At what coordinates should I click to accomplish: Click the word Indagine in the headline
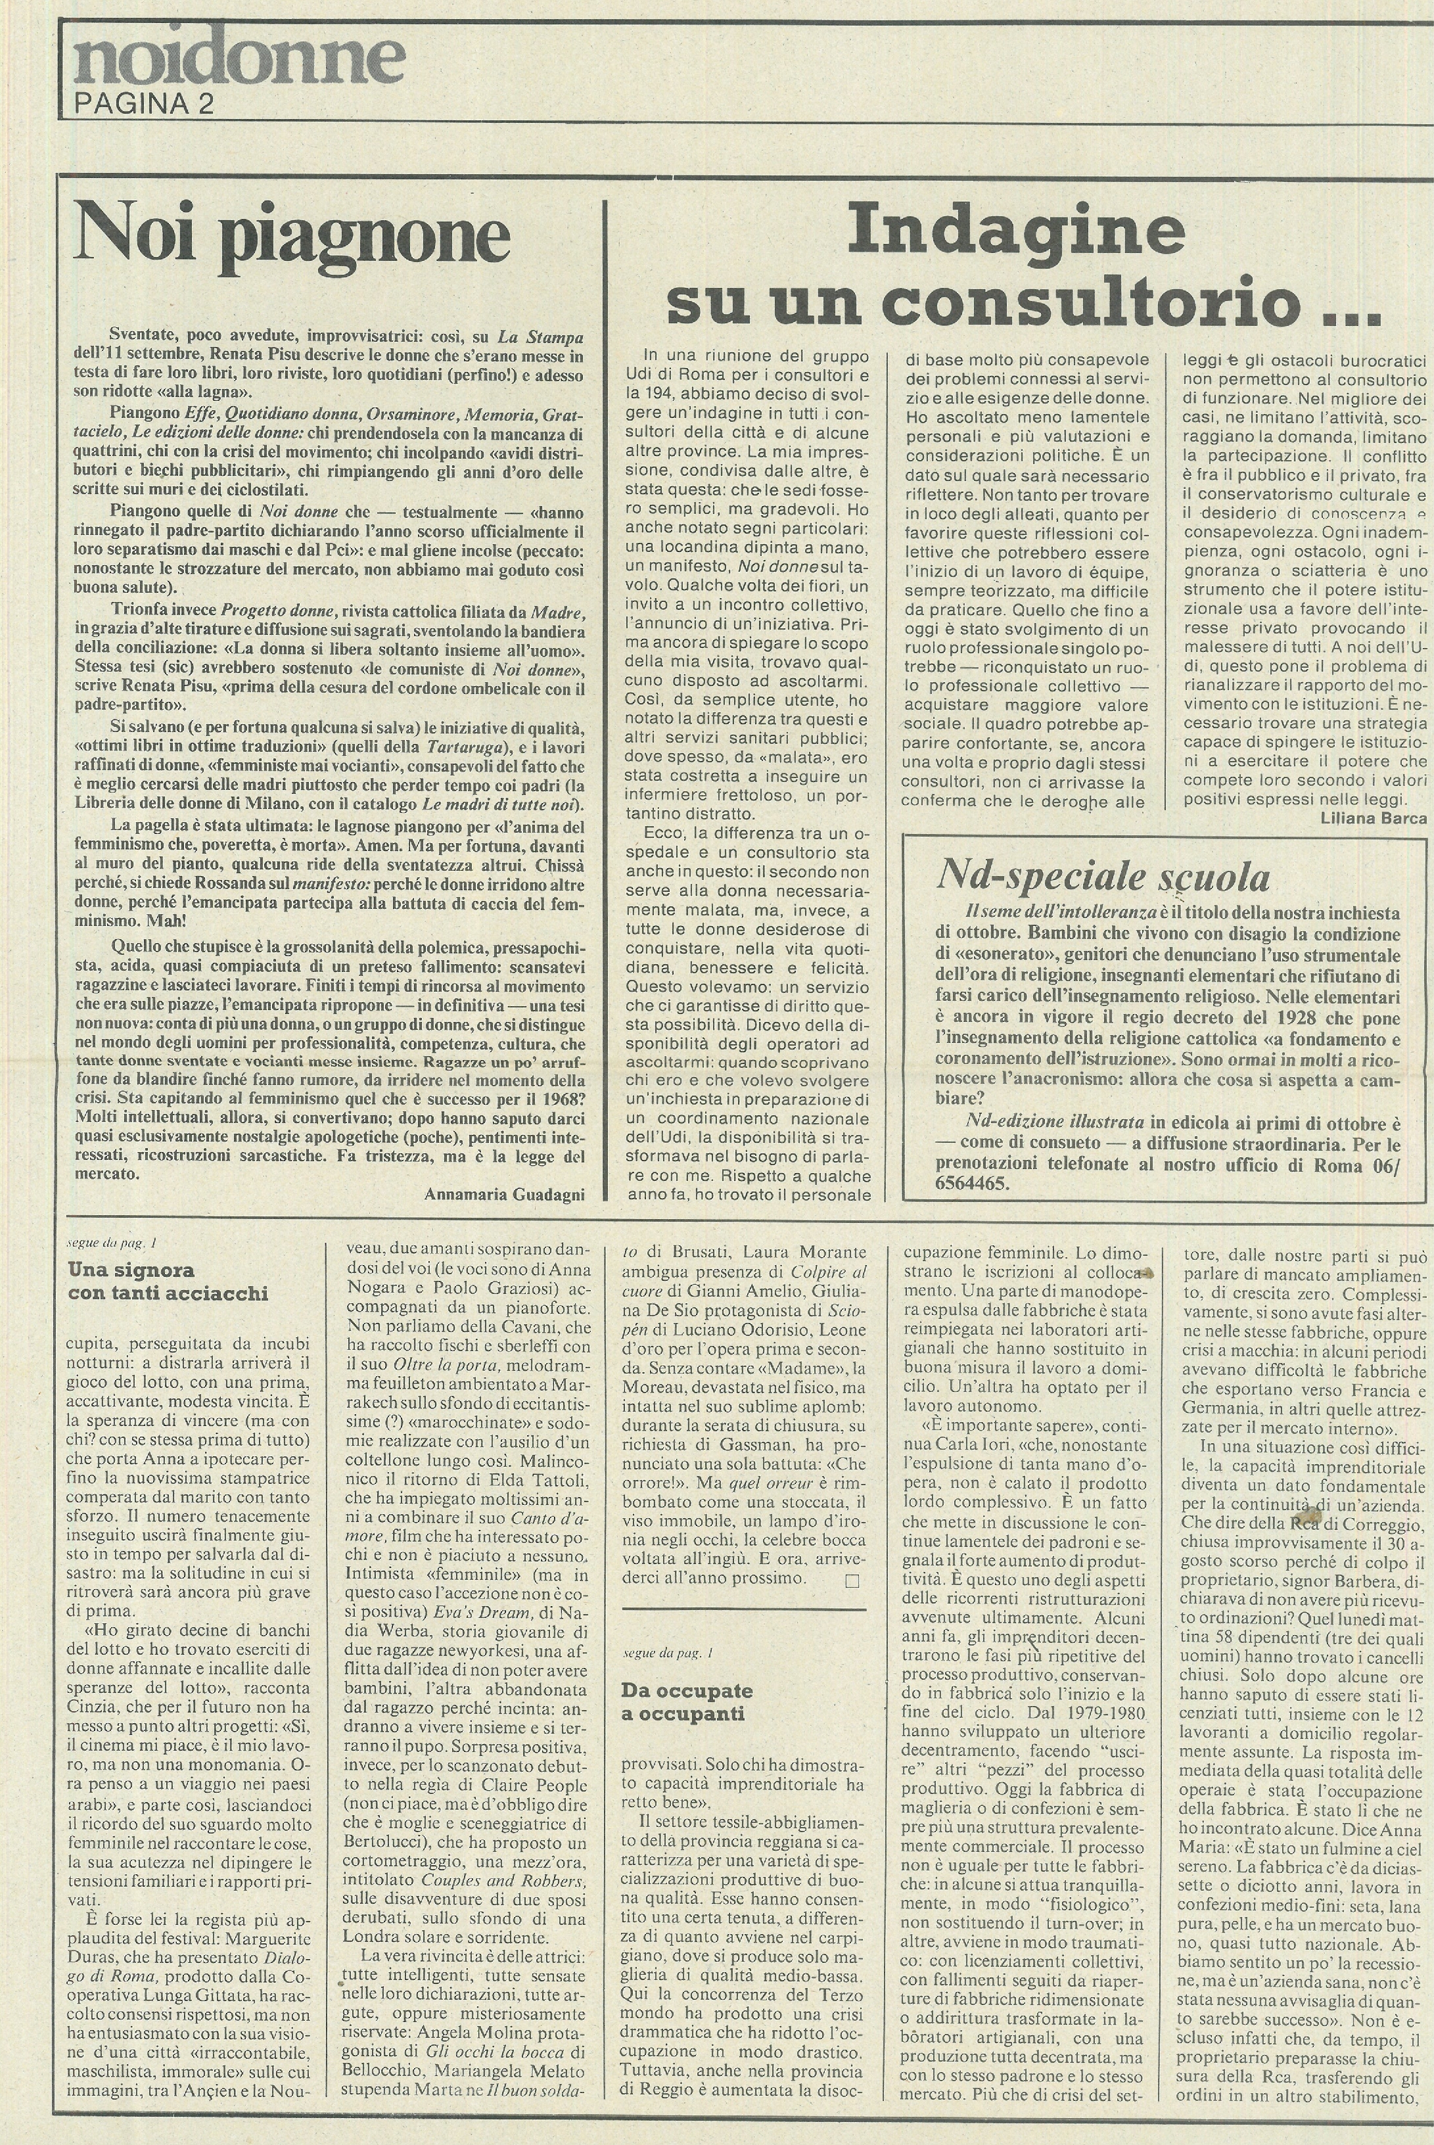pyautogui.click(x=1016, y=231)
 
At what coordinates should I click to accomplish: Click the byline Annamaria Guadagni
pyautogui.click(x=504, y=1194)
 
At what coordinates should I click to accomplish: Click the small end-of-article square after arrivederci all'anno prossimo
pyautogui.click(x=852, y=1580)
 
